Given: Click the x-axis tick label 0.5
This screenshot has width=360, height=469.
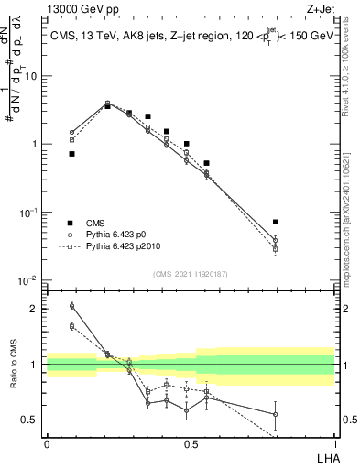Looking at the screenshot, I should [x=190, y=443].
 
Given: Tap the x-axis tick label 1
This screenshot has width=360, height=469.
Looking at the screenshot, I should [x=333, y=443].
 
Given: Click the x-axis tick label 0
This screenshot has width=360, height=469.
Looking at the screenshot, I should [x=46, y=443].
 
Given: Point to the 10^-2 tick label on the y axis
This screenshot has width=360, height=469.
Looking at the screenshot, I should [x=28, y=279].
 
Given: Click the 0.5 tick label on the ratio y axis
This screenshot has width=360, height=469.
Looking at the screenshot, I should [x=31, y=420].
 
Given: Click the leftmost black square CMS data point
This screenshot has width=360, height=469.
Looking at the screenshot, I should [x=71, y=154].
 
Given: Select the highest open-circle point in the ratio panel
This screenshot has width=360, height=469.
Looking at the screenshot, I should [x=71, y=306].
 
